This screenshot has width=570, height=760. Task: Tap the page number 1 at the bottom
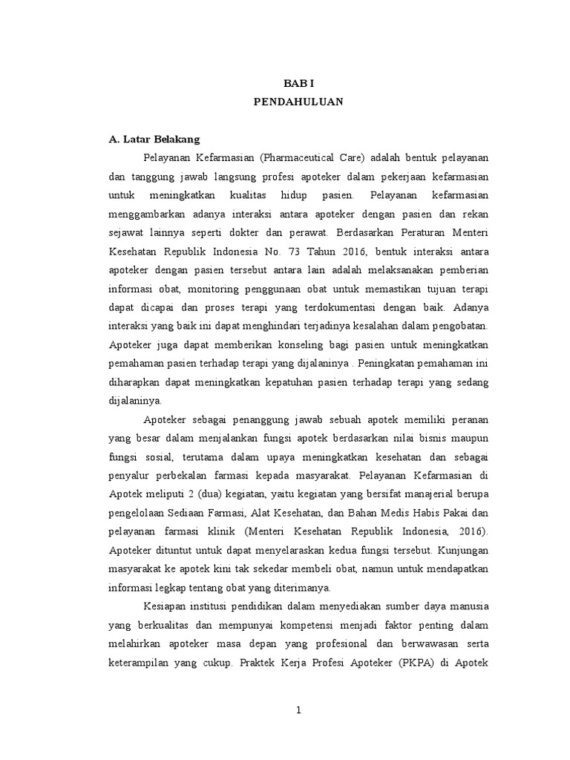[298, 710]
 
